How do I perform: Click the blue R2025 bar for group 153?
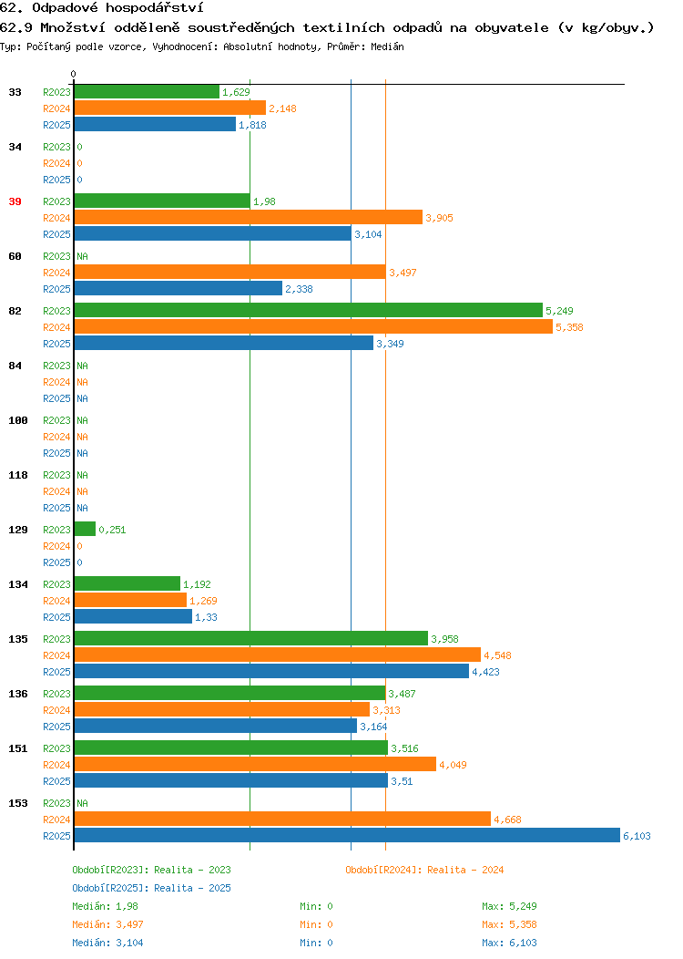click(x=347, y=835)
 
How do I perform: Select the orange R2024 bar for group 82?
click(x=313, y=327)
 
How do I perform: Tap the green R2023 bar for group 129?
click(x=85, y=529)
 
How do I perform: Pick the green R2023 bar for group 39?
click(x=162, y=201)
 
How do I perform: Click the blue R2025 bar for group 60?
click(x=178, y=289)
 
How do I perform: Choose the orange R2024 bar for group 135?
click(x=278, y=655)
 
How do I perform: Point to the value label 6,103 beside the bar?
click(x=637, y=836)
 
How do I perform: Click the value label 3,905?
click(x=439, y=219)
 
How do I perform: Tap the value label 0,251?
click(x=112, y=530)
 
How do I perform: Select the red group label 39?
click(x=15, y=201)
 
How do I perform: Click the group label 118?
click(x=17, y=475)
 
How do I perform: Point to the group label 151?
click(x=17, y=748)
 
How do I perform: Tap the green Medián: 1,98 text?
click(x=105, y=906)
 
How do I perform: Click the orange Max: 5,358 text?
click(x=509, y=924)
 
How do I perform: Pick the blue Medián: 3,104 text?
click(x=107, y=944)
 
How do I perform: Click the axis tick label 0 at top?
click(x=74, y=74)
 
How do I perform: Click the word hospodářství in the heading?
click(x=155, y=8)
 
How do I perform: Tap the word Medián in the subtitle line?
click(x=387, y=46)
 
